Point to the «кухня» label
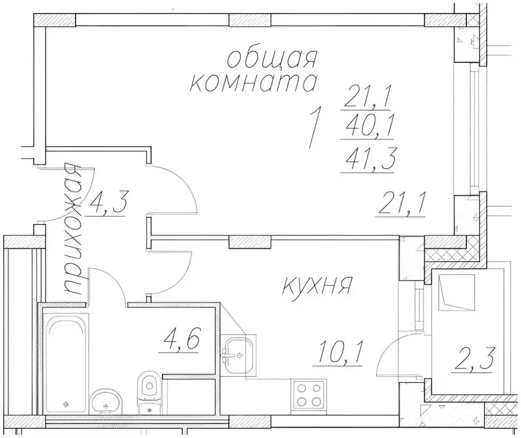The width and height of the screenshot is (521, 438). click(317, 285)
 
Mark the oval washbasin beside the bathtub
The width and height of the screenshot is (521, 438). click(105, 402)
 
